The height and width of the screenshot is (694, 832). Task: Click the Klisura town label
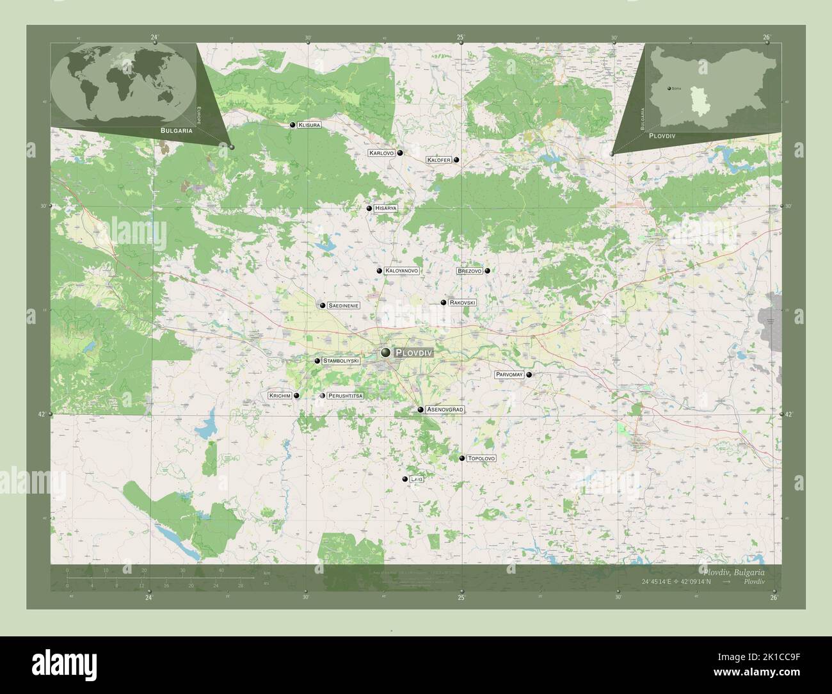308,125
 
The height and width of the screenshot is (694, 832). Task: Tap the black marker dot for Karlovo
399,153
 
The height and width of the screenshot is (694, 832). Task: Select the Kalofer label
439,160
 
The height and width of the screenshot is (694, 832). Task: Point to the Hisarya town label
387,209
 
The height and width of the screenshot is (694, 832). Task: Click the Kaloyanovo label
402,271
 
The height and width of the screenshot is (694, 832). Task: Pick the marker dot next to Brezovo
488,271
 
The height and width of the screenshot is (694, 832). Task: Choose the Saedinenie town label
343,306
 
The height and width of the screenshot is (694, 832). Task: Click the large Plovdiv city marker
386,352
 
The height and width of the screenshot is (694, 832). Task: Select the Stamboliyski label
341,361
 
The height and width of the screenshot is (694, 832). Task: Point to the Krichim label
280,396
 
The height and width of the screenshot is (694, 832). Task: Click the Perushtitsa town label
345,396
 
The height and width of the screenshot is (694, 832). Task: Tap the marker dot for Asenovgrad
420,409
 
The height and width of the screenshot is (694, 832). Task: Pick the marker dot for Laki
404,480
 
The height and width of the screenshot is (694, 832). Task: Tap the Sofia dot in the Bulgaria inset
669,88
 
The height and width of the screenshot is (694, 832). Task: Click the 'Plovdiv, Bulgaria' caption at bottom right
732,570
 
